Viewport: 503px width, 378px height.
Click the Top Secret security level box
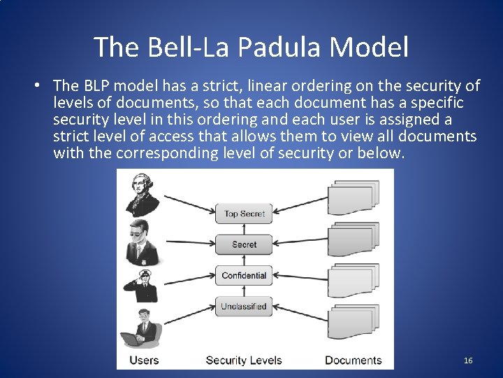245,213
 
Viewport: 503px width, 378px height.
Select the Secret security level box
245,244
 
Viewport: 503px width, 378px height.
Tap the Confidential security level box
245,275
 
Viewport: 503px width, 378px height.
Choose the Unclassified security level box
245,306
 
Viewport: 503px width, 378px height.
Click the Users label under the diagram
143,360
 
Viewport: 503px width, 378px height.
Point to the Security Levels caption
244,360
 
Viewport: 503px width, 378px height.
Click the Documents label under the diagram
353,360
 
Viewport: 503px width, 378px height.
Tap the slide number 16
468,360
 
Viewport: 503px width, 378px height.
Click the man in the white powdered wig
143,193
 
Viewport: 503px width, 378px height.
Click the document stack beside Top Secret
354,197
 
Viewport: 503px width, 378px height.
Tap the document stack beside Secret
354,239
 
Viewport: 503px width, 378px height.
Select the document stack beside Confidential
354,280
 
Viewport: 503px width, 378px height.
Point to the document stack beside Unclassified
354,322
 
